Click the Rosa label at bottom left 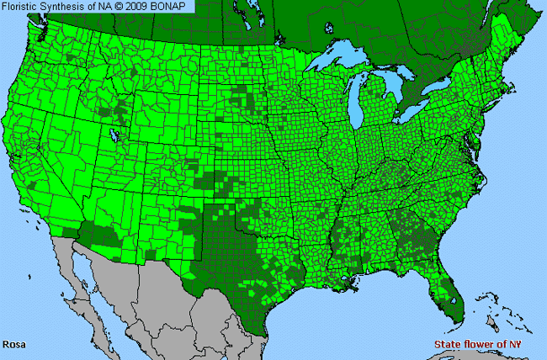[13, 345]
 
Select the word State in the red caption [447, 345]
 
